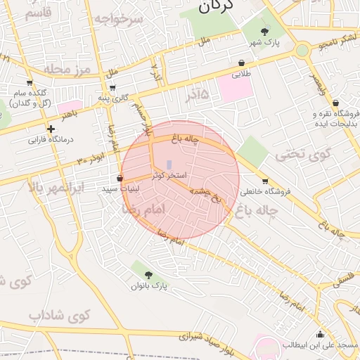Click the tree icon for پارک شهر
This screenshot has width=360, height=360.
pyautogui.click(x=264, y=31)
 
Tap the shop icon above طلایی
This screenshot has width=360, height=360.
pyautogui.click(x=242, y=62)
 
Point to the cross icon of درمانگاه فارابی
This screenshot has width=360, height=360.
pyautogui.click(x=51, y=129)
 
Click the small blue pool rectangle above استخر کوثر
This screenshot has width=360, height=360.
pyautogui.click(x=169, y=165)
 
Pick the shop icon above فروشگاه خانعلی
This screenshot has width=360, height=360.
pyautogui.click(x=264, y=181)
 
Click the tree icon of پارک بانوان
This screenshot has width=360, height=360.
pyautogui.click(x=148, y=274)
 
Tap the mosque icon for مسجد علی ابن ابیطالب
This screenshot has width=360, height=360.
pyautogui.click(x=321, y=334)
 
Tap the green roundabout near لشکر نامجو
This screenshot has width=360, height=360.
pyautogui.click(x=302, y=50)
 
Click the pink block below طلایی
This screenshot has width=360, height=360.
pyautogui.click(x=235, y=88)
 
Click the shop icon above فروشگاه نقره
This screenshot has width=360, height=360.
pyautogui.click(x=335, y=103)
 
